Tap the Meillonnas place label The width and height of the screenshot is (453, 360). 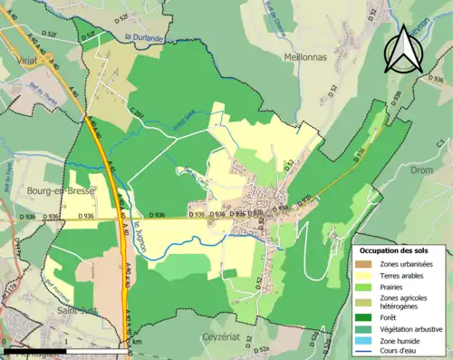pos(296,56)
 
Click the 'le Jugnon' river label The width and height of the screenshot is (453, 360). pos(138,235)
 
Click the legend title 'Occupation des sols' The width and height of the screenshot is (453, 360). pos(400,250)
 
